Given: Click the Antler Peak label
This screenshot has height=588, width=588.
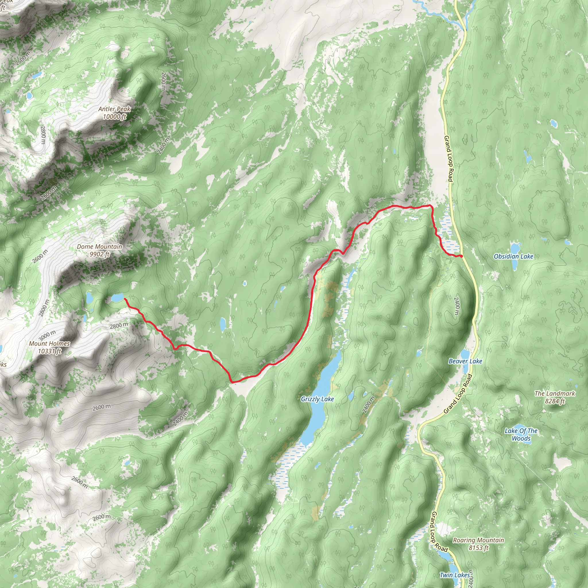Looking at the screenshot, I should coord(115,109).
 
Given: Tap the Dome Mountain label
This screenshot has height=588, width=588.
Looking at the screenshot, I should coord(99,247).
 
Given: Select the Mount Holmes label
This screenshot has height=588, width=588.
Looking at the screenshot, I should coord(49,344).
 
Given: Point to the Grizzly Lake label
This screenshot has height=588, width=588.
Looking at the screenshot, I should coord(317,399).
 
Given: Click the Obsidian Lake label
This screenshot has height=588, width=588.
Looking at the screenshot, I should coord(513,257).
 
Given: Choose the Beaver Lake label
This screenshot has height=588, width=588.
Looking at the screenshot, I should coord(465,361).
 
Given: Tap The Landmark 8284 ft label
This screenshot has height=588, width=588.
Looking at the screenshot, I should coord(555,397).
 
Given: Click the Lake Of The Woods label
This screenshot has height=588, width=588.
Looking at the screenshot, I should coord(521,435).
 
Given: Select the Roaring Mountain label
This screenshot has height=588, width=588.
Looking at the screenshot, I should coord(478,540).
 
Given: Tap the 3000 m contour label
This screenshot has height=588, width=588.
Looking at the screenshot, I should coord(47,335).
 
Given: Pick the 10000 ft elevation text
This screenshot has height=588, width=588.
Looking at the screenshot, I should coord(115,117).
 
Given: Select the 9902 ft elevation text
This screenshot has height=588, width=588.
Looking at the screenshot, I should coord(99,254).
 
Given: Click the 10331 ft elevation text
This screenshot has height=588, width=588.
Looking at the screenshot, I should coord(49,351).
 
